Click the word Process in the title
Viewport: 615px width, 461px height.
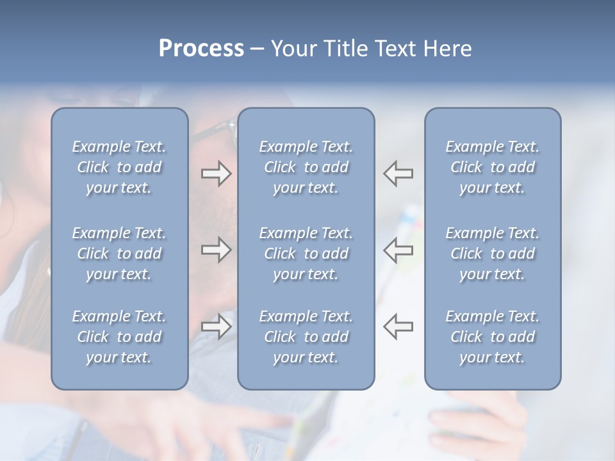coord(201,49)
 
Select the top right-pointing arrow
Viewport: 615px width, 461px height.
coord(216,174)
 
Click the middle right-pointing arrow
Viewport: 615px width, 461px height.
coord(216,250)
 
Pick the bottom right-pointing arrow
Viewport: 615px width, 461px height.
coord(216,327)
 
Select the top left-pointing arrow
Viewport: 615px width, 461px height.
coord(398,174)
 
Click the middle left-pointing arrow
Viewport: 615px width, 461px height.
coord(398,250)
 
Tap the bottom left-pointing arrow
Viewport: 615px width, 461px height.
coord(398,327)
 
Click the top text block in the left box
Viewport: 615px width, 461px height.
coord(119,167)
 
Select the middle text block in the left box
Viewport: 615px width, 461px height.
coord(119,254)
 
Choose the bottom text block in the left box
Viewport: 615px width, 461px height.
coord(119,337)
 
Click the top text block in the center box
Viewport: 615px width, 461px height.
coord(306,167)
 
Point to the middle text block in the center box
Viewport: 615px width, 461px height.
coord(306,254)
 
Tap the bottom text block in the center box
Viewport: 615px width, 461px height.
coord(306,337)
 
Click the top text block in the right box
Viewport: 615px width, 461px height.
coord(493,167)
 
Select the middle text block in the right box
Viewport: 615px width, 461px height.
coord(493,254)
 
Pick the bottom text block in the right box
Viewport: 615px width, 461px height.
coord(493,337)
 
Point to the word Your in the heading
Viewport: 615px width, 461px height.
coord(293,49)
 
